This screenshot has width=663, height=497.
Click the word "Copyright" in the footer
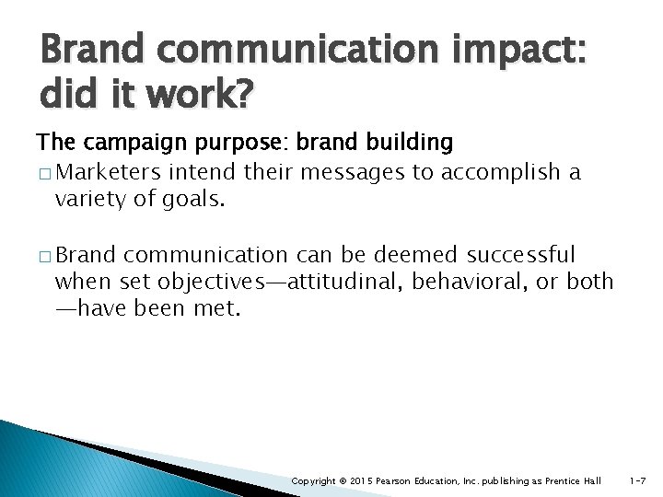pos(313,481)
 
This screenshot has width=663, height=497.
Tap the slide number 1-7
pos(637,481)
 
